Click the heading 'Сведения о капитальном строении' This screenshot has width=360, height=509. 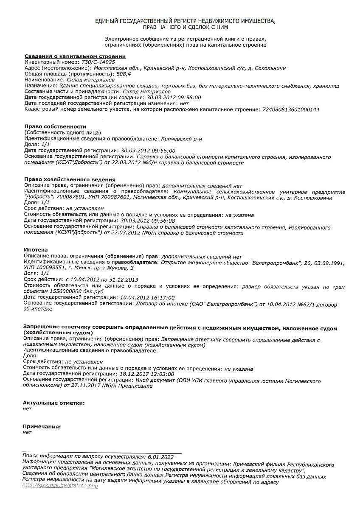click(75, 56)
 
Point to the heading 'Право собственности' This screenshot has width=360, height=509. click(55, 126)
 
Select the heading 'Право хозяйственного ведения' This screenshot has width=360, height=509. click(70, 179)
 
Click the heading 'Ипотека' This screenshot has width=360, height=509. click(36, 250)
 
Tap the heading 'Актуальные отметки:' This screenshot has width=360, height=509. click(54, 403)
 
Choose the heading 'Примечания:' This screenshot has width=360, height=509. click(42, 426)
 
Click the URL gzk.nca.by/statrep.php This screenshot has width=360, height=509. click(60, 486)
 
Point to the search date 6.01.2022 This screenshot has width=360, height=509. click(161, 457)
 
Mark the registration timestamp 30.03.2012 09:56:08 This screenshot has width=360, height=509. click(148, 221)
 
